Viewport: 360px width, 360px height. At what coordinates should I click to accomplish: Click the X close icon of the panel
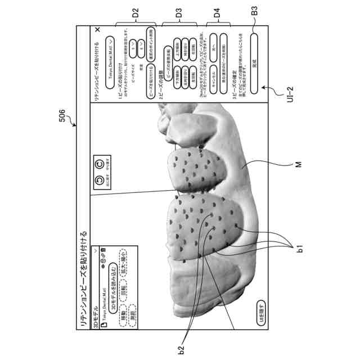(x=98, y=30)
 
